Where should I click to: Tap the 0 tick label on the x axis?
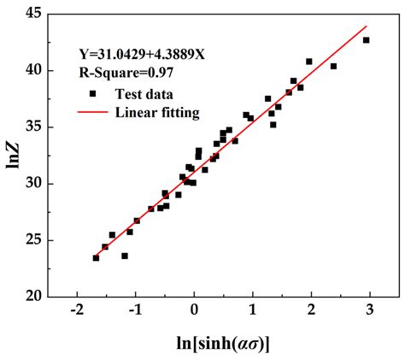click(x=195, y=311)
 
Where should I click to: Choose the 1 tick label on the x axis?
click(x=253, y=311)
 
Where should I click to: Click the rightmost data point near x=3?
click(x=367, y=40)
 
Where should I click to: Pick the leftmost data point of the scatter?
click(x=96, y=257)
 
